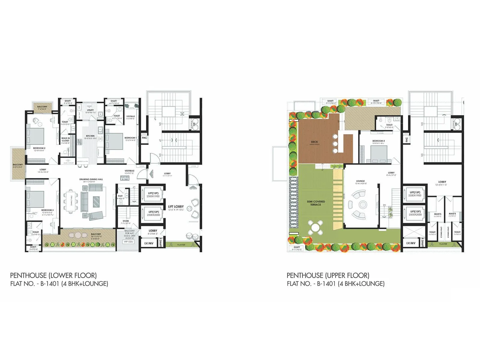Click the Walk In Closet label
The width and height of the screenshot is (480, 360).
65,139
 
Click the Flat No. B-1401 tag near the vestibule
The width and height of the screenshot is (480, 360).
125,178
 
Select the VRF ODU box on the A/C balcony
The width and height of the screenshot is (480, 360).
128,242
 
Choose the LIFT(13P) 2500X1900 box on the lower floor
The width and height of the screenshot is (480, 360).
153,195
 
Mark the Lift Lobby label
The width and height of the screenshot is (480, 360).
176,206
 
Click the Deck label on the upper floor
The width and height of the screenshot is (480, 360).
314,142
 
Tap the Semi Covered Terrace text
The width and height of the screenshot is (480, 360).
316,203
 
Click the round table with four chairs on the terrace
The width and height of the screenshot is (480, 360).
315,227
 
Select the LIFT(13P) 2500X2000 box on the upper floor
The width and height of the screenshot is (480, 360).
415,213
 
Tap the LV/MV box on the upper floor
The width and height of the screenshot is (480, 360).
411,243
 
